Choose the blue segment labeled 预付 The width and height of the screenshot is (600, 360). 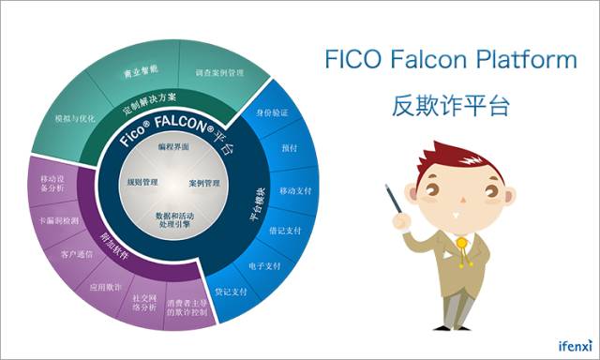289,148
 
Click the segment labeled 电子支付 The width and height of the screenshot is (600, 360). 263,265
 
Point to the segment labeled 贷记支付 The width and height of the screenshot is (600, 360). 230,292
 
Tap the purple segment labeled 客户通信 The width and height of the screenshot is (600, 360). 78,254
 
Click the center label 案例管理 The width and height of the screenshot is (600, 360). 203,183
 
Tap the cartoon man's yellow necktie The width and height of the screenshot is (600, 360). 462,253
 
